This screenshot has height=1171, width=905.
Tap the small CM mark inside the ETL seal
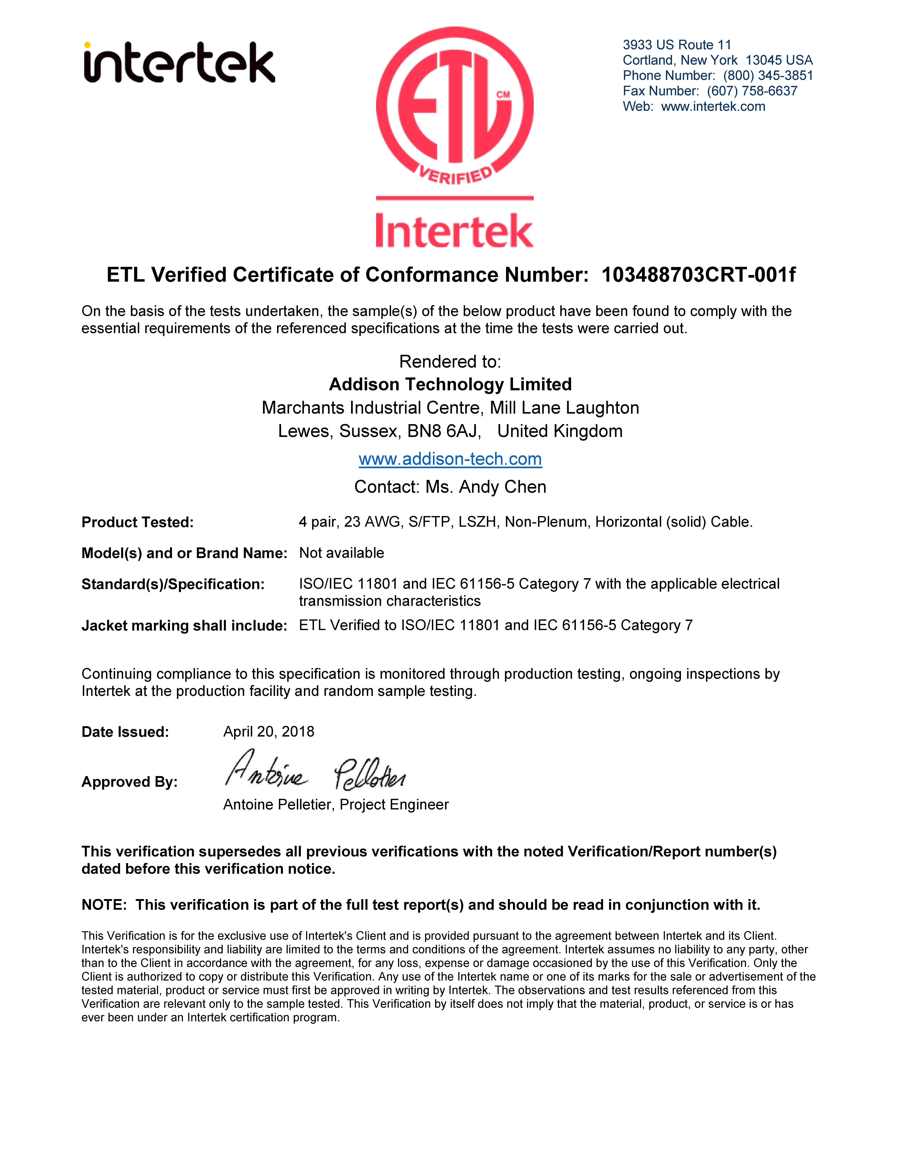tap(503, 95)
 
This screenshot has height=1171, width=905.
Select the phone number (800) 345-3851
tap(768, 76)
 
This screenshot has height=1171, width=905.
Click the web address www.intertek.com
tap(713, 107)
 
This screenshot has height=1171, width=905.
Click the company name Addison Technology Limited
tap(450, 384)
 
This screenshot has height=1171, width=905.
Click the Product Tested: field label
tap(137, 522)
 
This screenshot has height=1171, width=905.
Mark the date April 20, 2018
tap(269, 732)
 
